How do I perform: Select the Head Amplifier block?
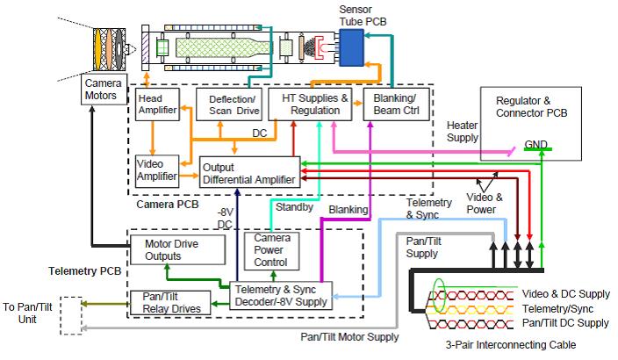(157, 104)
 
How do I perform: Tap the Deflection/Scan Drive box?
(226, 104)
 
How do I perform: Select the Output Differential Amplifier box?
(248, 172)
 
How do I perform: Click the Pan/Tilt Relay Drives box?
(170, 302)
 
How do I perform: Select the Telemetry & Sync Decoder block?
(280, 295)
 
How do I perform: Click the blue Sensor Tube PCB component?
(352, 44)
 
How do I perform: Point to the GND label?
(535, 144)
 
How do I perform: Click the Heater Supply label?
(462, 132)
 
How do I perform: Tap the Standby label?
(292, 208)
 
